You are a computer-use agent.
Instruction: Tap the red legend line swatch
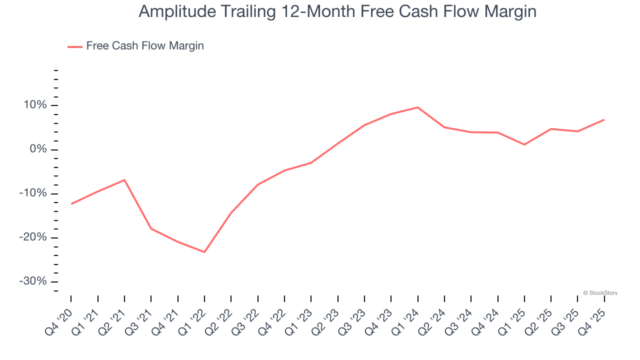point(75,46)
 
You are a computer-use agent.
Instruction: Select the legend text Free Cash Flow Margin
point(145,46)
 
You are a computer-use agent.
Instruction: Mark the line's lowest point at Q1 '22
point(204,252)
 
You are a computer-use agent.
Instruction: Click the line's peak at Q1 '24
point(417,107)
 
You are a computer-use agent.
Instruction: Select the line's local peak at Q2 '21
point(124,180)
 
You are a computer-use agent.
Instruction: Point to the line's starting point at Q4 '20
point(71,204)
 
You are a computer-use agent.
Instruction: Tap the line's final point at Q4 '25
point(604,119)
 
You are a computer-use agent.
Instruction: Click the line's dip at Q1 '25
point(524,144)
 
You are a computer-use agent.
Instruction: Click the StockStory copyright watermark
point(600,293)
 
